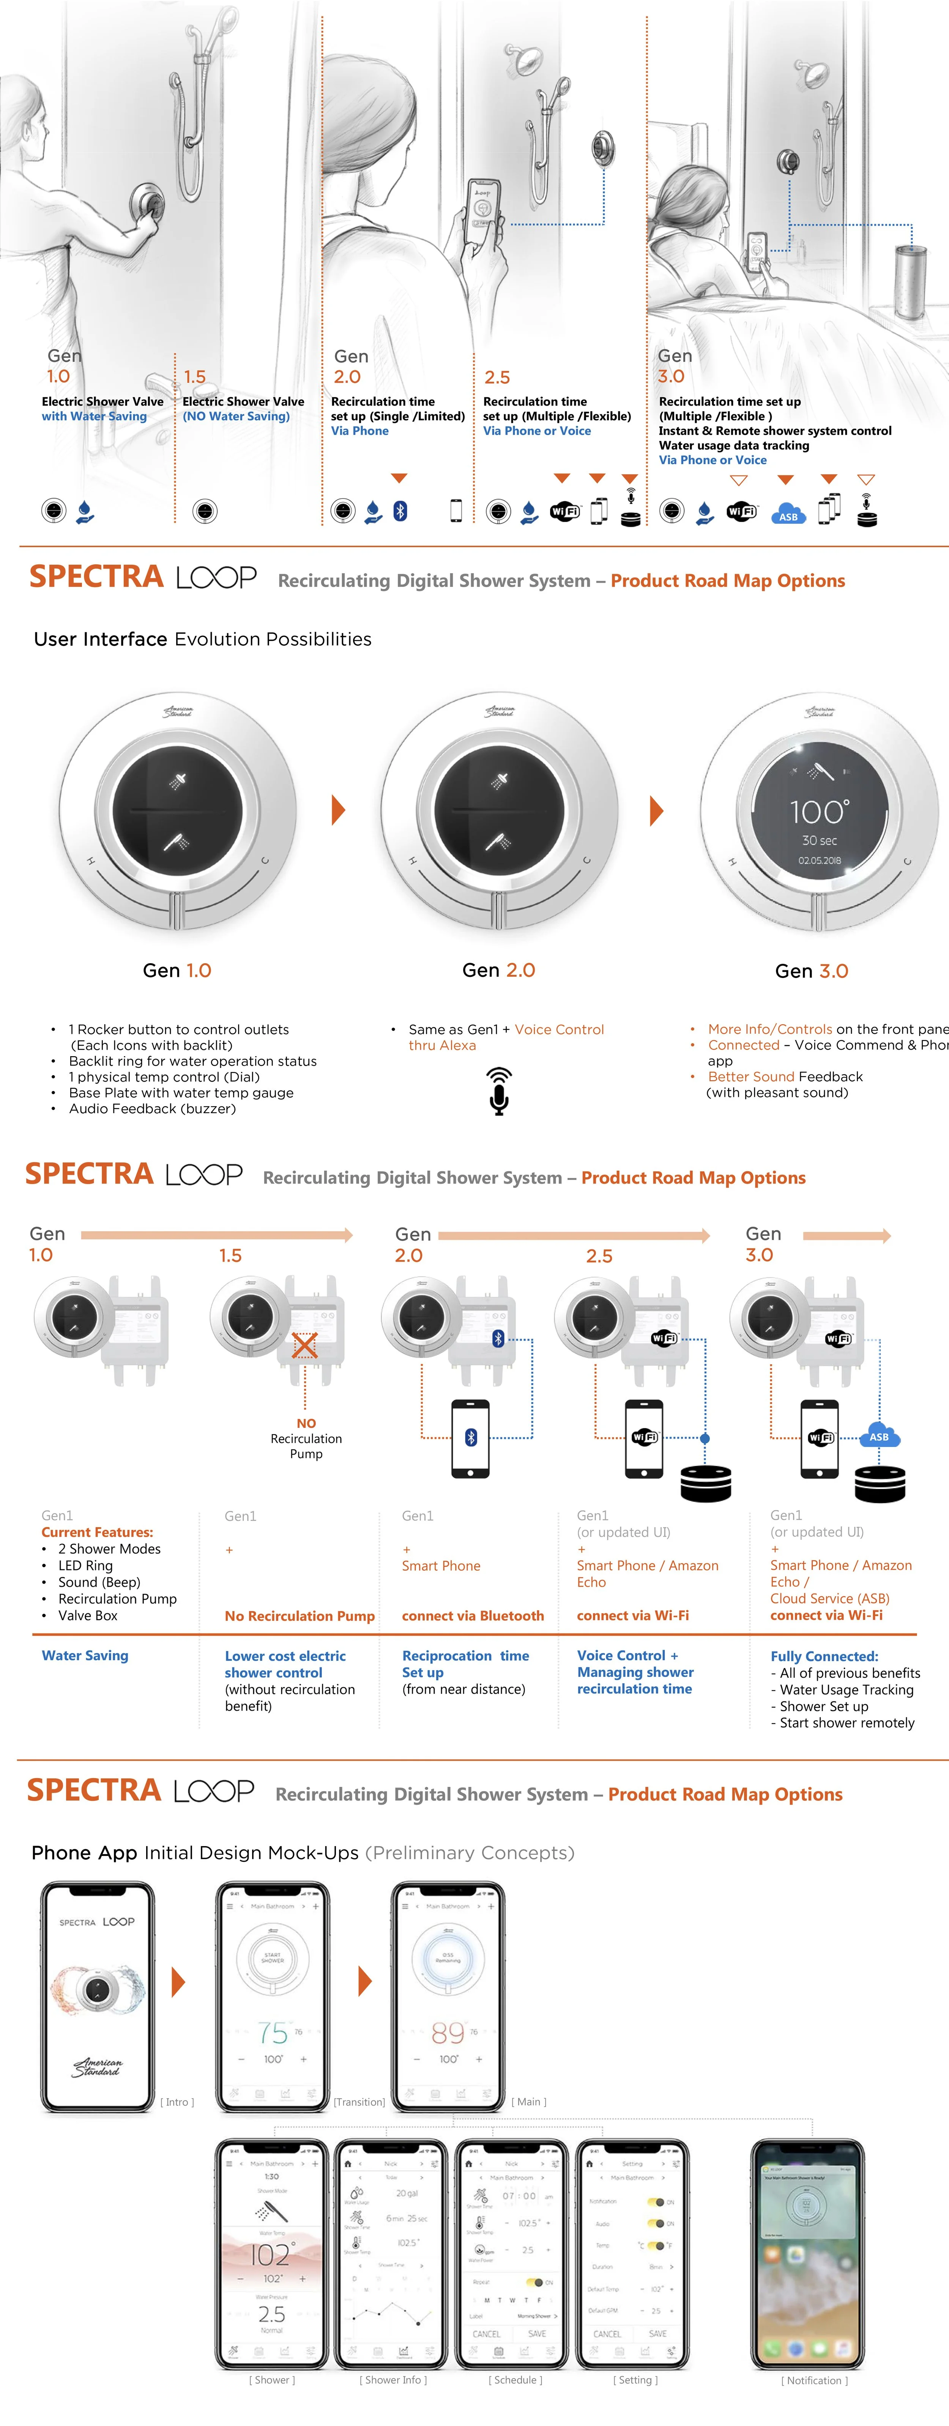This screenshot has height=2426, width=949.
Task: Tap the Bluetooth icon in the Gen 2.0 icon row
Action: pos(400,510)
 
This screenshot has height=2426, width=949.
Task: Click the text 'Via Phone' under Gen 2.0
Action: pos(359,430)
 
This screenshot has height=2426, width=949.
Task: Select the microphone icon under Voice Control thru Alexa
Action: pos(499,1091)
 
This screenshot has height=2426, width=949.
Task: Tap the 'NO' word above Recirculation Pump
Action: pos(306,1423)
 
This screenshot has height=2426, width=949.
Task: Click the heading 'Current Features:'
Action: pos(97,1532)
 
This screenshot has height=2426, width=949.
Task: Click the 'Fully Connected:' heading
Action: pos(824,1656)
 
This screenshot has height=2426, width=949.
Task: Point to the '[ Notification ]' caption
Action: pos(813,2380)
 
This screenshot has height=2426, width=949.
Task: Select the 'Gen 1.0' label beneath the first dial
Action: pos(177,970)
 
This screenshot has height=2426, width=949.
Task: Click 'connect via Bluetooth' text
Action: pos(473,1615)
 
